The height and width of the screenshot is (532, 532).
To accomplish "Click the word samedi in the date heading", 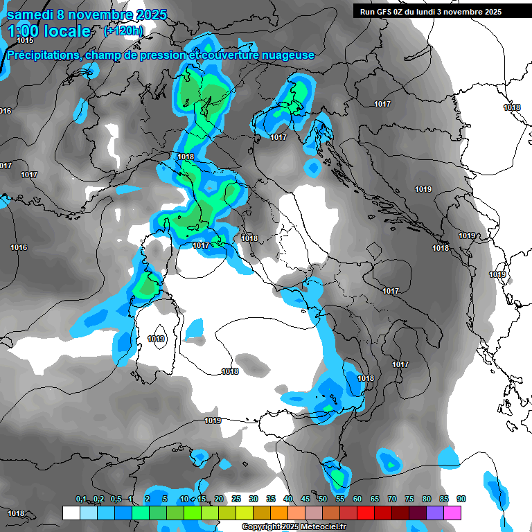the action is pyautogui.click(x=30, y=13).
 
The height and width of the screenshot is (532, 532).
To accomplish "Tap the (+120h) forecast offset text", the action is pyautogui.click(x=124, y=30).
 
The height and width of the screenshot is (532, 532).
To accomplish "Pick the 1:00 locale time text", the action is pyautogui.click(x=50, y=31).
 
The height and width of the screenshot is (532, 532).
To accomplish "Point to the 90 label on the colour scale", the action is pyautogui.click(x=461, y=499).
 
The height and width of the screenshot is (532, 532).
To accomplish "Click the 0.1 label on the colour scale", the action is pyautogui.click(x=81, y=499).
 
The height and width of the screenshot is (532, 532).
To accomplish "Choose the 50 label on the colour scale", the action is pyautogui.click(x=323, y=499).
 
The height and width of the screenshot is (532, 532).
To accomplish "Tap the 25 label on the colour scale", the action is pyautogui.click(x=236, y=499).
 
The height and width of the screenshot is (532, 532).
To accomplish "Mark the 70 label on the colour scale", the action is pyautogui.click(x=392, y=499).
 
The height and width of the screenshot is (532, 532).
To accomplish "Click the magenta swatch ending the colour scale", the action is pyautogui.click(x=452, y=513).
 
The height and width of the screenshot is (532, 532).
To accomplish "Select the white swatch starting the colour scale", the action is pyautogui.click(x=71, y=513).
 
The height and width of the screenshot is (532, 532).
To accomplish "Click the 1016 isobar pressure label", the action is pyautogui.click(x=19, y=247).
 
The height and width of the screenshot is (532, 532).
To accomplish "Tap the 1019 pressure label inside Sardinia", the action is pyautogui.click(x=157, y=339).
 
